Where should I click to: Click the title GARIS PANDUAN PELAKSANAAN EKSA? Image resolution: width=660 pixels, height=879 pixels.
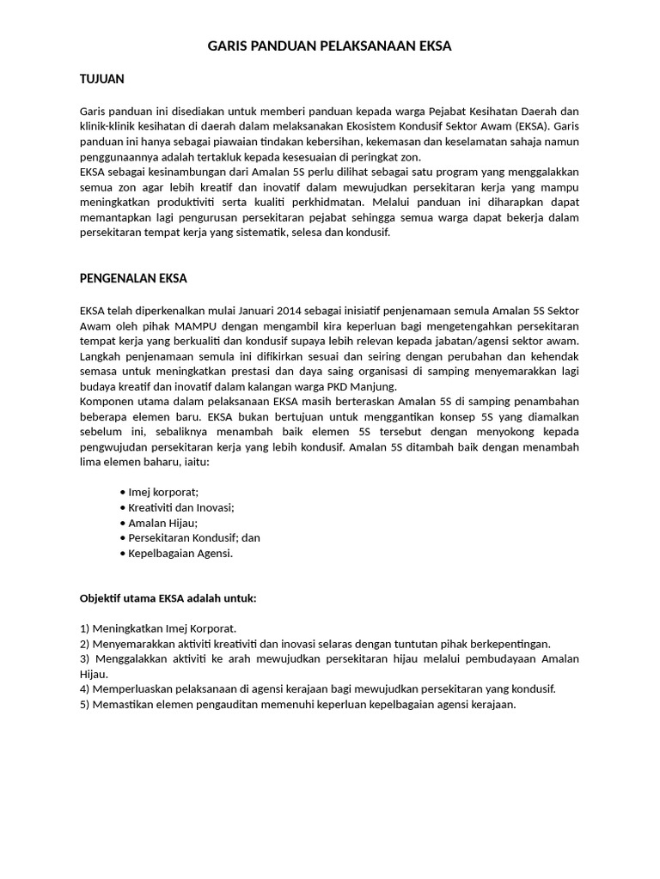[x=330, y=46]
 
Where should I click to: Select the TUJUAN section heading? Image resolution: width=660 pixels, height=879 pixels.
[x=102, y=79]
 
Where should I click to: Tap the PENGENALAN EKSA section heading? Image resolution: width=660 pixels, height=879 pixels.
[x=133, y=278]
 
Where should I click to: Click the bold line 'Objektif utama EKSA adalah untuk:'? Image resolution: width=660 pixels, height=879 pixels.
[x=168, y=597]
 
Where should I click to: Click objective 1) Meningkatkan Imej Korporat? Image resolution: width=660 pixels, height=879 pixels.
[x=158, y=628]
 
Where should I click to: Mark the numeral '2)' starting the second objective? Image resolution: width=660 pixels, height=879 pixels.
[x=84, y=644]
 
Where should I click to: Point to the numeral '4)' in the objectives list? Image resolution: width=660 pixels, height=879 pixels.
[x=84, y=689]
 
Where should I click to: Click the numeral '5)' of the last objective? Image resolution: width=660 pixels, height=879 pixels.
[x=84, y=705]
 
